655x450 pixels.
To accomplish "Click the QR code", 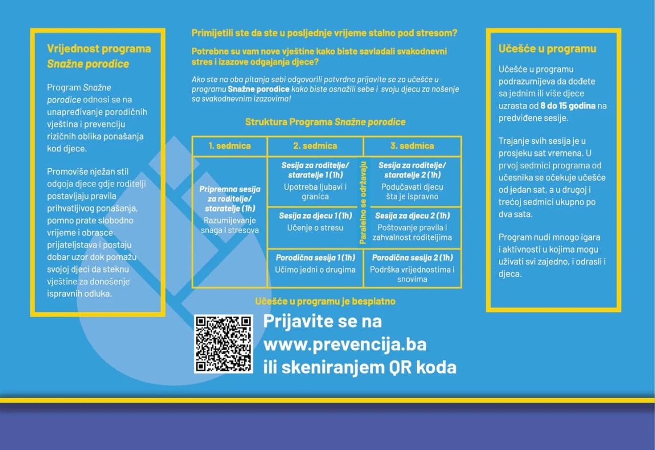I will [x=224, y=344].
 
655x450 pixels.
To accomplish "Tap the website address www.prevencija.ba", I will [x=344, y=345].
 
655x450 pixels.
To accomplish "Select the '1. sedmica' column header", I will [x=230, y=146].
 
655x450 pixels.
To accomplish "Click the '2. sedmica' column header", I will [x=315, y=146].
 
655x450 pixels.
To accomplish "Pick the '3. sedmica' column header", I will [x=412, y=146].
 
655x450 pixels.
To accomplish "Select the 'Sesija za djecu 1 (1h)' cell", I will [x=315, y=221].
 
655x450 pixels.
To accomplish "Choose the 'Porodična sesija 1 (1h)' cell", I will [x=315, y=263].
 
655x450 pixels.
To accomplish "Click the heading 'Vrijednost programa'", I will [x=99, y=49].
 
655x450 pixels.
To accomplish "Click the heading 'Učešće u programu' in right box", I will [x=547, y=49].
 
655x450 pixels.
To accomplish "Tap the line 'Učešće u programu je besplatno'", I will [x=325, y=302].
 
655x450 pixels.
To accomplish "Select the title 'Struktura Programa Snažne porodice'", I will [x=325, y=122].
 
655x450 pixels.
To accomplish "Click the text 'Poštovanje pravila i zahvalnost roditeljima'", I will [x=412, y=233].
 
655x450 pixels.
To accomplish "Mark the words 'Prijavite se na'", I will [x=322, y=322].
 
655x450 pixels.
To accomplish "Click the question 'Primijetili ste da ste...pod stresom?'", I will [x=324, y=33].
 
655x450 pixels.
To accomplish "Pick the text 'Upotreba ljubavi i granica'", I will [x=315, y=192].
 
